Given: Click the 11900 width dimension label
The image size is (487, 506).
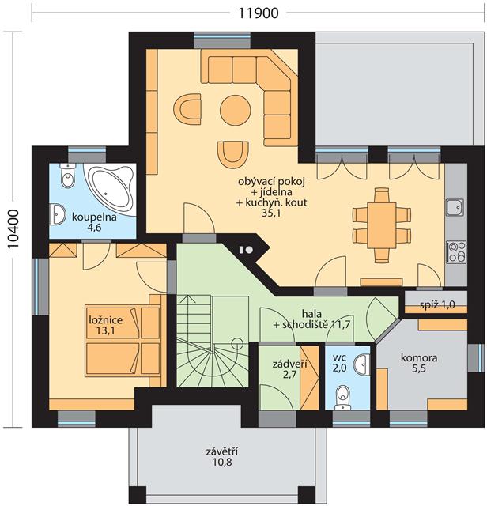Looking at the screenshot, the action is point(259,13).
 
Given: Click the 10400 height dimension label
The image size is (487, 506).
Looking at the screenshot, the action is point(13,229).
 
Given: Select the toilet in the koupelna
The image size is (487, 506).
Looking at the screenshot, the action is point(67,176).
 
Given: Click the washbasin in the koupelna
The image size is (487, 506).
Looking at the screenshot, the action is point(58,214).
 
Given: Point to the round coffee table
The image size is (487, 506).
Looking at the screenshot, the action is point(236,110).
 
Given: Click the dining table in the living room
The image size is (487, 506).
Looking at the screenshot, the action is point(381,225).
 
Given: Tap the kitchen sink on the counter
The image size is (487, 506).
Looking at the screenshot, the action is point(455,207).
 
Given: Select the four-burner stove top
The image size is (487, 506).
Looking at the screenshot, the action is point(456,251).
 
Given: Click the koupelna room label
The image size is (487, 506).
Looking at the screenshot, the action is point(94,217).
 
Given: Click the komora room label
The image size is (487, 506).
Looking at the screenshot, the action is point(419,357).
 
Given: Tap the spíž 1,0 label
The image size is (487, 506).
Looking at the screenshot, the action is point(438,304).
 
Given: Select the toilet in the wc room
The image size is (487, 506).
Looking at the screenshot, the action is point(342,397).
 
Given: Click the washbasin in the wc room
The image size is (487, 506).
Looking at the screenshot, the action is point(362,363).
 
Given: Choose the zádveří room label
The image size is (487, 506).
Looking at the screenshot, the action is point(289,364).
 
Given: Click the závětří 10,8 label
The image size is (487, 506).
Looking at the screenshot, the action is point(222,457).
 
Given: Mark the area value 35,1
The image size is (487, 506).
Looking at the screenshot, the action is point(271,213).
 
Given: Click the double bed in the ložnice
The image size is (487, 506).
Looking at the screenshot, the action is point(123,341).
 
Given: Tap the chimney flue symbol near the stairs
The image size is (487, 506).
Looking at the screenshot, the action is point(245,250).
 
